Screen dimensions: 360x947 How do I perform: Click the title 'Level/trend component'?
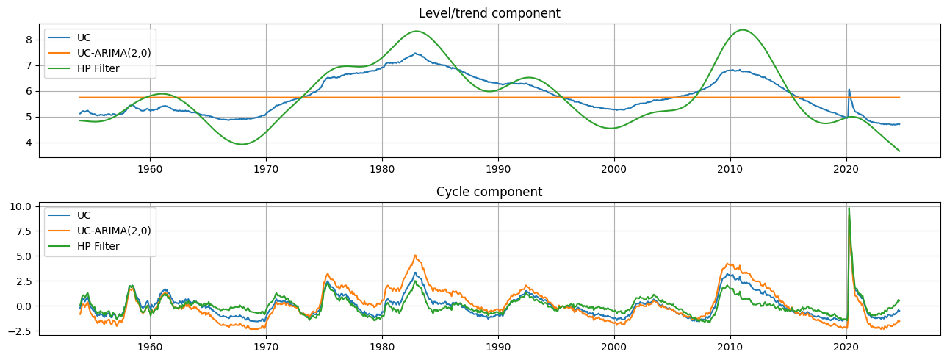tap(489, 13)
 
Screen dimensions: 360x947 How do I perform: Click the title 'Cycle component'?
tap(489, 192)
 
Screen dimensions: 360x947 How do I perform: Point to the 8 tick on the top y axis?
tap(29, 40)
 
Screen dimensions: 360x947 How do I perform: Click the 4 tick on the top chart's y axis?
tap(29, 143)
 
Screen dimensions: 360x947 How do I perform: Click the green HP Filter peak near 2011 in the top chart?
tap(743, 30)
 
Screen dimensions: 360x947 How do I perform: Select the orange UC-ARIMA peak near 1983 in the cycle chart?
tap(415, 256)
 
